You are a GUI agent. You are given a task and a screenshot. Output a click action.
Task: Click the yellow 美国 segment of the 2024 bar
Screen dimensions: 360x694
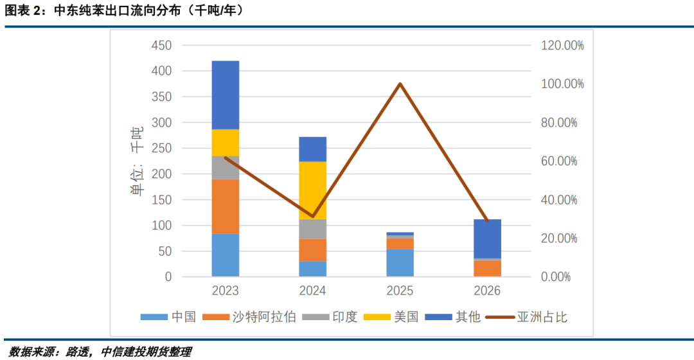[312, 190]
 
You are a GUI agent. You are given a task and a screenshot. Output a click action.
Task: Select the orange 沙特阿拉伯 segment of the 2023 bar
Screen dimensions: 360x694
[225, 206]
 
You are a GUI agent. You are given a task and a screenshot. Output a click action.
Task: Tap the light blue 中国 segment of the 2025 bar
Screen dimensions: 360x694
[400, 262]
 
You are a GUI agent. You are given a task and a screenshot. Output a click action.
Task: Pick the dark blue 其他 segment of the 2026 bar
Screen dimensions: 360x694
[487, 239]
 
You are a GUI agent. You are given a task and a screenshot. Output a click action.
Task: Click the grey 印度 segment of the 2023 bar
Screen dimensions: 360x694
[225, 167]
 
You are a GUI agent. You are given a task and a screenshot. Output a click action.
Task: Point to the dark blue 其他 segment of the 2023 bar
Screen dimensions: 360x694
[225, 95]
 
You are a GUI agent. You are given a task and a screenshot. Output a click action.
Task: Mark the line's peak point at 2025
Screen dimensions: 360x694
[400, 84]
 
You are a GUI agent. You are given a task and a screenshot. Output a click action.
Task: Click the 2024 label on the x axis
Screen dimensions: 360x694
[312, 291]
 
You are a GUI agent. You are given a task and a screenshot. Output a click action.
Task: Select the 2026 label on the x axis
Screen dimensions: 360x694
[487, 291]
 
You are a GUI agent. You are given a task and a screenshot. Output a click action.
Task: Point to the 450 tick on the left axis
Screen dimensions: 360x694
[161, 46]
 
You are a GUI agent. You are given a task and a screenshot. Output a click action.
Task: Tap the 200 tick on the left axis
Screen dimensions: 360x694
[161, 174]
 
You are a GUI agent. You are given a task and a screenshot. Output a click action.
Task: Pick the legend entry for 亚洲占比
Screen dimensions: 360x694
[526, 317]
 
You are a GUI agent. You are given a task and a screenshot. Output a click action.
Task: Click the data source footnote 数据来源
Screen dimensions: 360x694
[100, 352]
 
